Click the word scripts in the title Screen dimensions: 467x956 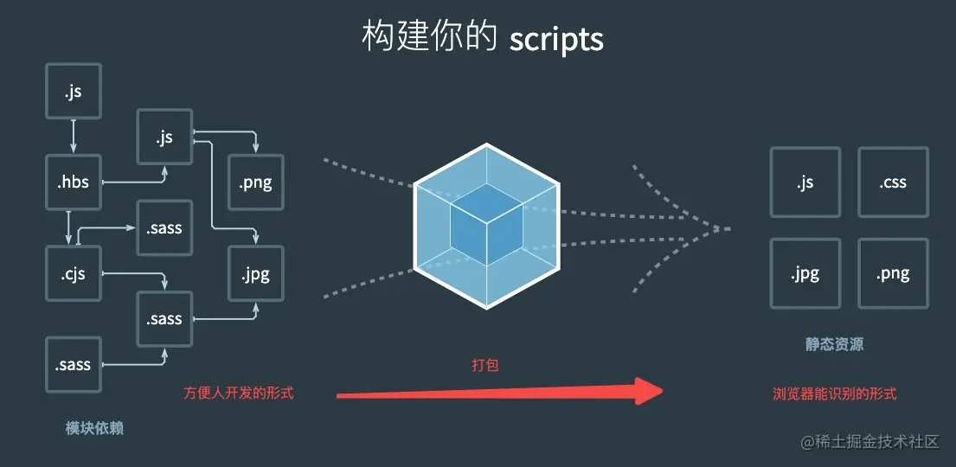tap(556, 39)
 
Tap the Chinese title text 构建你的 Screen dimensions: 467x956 tap(427, 39)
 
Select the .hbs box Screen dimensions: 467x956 tap(74, 182)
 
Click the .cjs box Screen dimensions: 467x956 tap(74, 274)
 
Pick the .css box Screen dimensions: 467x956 tap(893, 182)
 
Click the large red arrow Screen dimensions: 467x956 tap(497, 393)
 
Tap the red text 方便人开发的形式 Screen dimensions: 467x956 tap(239, 393)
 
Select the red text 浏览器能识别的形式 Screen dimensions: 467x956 tap(834, 393)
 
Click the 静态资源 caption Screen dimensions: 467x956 tap(834, 344)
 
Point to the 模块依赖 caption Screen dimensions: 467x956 tap(94, 427)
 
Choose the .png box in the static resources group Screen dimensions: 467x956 tap(893, 274)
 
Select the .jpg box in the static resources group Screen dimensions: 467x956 tap(805, 274)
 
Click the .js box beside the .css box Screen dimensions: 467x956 tap(805, 182)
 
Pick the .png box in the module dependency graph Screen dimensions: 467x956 tap(255, 182)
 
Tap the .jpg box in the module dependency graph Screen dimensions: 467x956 tap(255, 275)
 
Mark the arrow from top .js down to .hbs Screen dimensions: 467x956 tap(74, 137)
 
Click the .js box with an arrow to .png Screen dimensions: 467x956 tap(164, 138)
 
